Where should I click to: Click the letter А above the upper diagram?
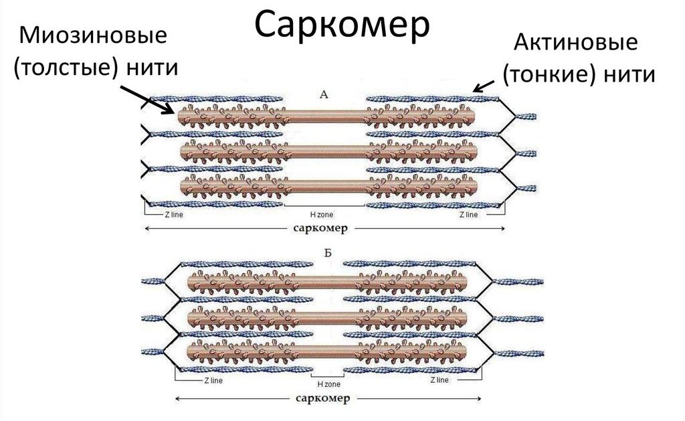(x=324, y=95)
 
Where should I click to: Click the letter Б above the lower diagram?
(x=327, y=253)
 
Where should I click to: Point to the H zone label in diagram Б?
(x=328, y=384)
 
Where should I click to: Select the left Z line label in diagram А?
(x=173, y=215)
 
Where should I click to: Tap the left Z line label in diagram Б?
(x=211, y=380)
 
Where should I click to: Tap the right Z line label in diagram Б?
(x=439, y=380)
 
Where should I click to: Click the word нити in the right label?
(x=628, y=74)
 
